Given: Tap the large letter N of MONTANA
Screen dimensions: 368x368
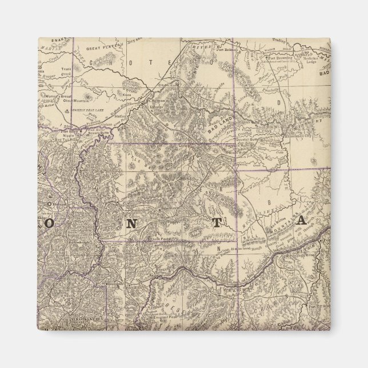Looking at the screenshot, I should click(x=132, y=223).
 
